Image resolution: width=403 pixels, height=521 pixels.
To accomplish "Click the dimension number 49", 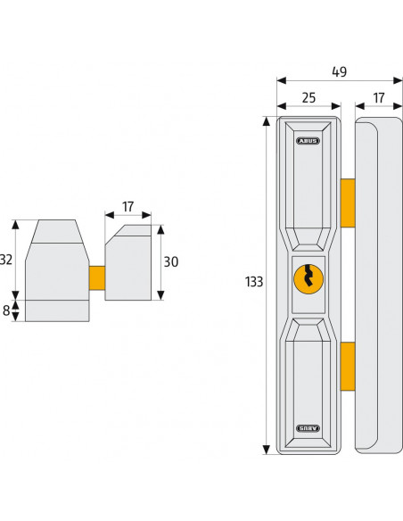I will pyautogui.click(x=337, y=71).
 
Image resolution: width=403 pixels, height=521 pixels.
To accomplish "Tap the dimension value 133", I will pyautogui.click(x=253, y=282).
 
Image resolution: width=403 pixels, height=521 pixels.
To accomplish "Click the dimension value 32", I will pyautogui.click(x=7, y=260).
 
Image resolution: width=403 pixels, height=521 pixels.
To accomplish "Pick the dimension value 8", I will pyautogui.click(x=8, y=310).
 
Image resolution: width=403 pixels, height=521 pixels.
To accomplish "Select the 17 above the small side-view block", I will pyautogui.click(x=127, y=206).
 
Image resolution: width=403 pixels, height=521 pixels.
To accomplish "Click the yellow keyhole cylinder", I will pyautogui.click(x=307, y=278).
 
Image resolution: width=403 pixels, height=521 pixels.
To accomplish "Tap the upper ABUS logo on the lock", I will pyautogui.click(x=308, y=140).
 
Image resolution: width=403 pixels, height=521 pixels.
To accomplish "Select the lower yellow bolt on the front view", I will pyautogui.click(x=347, y=367).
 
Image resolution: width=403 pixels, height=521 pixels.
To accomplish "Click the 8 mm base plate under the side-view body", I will pyautogui.click(x=56, y=310).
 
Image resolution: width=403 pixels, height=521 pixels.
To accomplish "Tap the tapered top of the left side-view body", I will pyautogui.click(x=55, y=234).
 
